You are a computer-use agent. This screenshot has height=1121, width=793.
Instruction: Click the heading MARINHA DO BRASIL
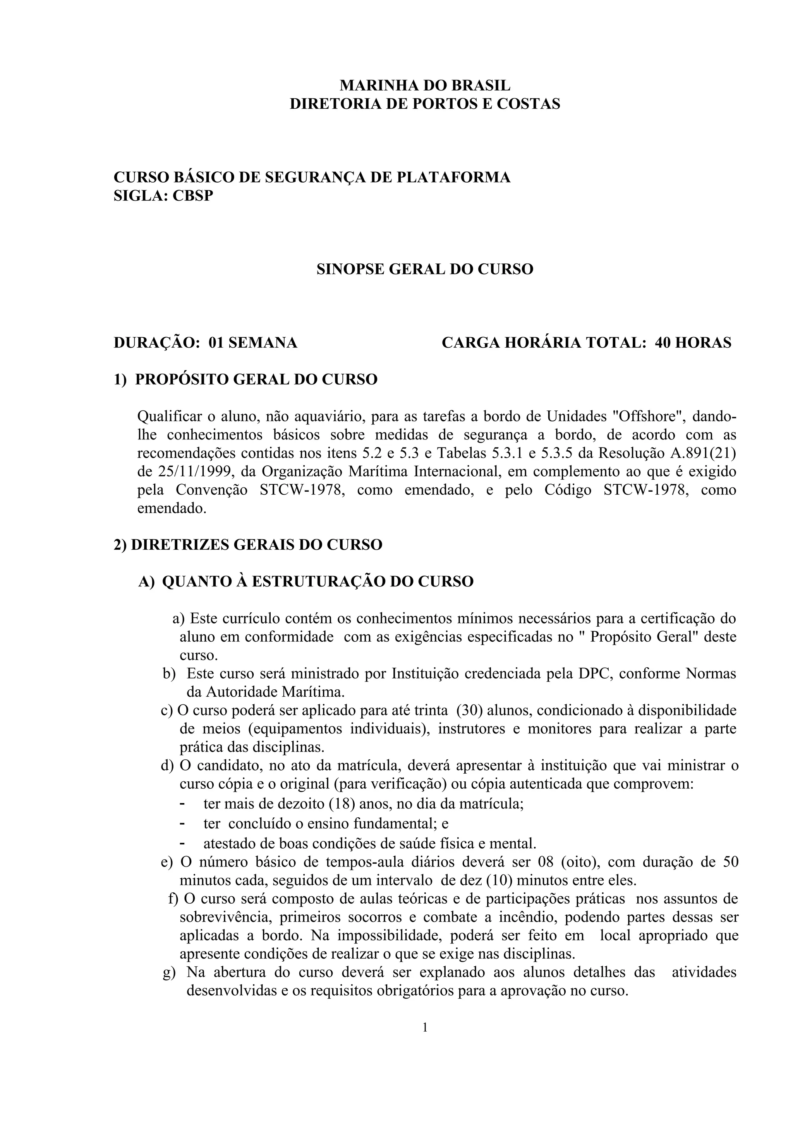425,85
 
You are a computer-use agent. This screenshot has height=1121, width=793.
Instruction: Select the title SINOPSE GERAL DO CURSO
425,269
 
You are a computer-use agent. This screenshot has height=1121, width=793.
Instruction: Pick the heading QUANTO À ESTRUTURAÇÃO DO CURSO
318,581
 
